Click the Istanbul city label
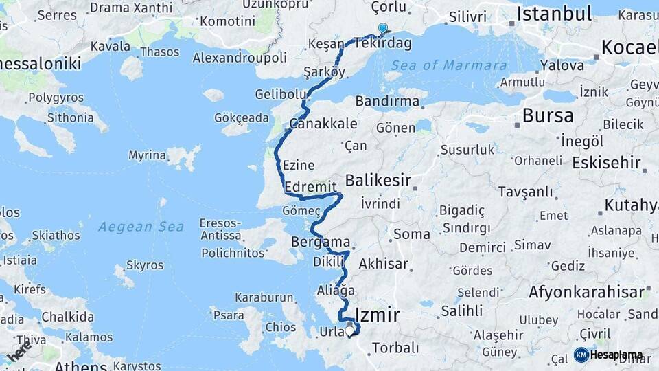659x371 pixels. [x=554, y=14]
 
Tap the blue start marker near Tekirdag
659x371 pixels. [x=382, y=29]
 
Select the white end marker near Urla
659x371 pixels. [x=349, y=331]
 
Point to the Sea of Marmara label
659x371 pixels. [x=449, y=66]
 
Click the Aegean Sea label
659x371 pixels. [x=141, y=227]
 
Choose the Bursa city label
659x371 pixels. [x=547, y=115]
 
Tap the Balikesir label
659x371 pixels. [x=378, y=181]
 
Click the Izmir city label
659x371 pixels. [x=377, y=315]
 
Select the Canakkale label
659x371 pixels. [x=323, y=124]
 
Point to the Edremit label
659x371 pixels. [x=310, y=187]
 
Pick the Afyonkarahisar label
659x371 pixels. [x=587, y=292]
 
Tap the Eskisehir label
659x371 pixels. [x=606, y=164]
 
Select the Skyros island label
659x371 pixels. [x=145, y=265]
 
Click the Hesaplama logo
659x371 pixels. [x=608, y=355]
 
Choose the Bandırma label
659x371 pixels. [x=387, y=101]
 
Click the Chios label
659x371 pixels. [x=281, y=327]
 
